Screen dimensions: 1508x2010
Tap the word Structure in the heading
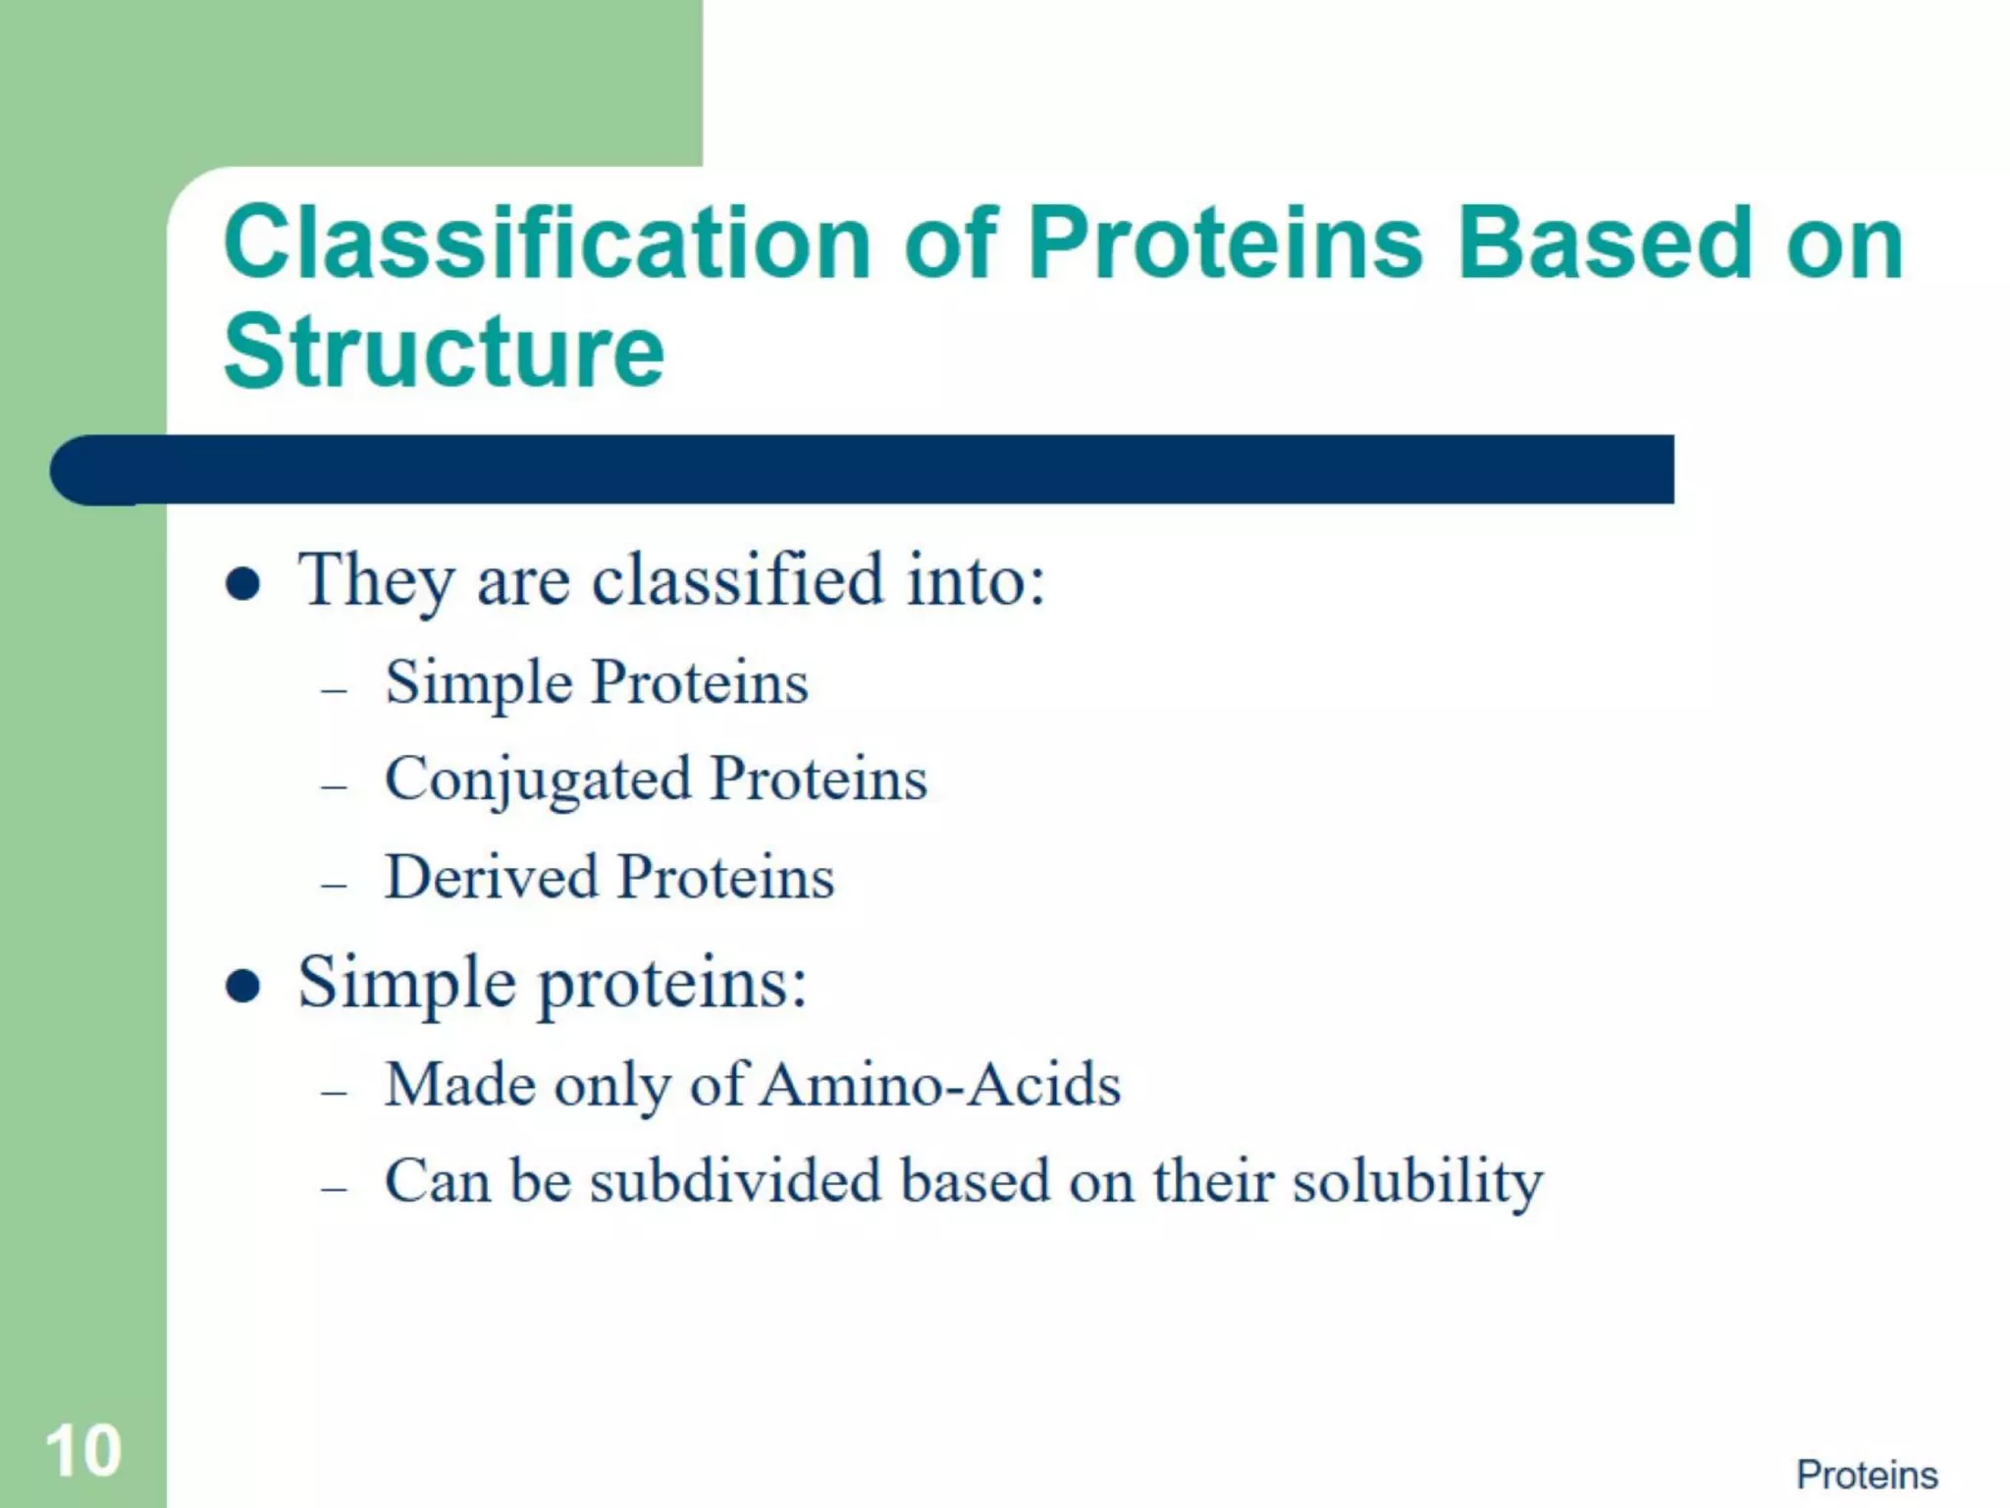click(444, 350)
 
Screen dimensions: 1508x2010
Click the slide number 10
click(83, 1450)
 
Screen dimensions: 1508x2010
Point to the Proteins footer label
click(1867, 1475)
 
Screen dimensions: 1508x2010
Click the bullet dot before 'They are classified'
click(242, 584)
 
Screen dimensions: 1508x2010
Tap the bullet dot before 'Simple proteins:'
click(242, 985)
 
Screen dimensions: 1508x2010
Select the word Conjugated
click(538, 781)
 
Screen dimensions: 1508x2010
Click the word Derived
click(491, 877)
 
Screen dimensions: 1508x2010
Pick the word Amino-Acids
click(940, 1085)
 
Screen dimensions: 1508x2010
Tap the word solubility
click(1417, 1181)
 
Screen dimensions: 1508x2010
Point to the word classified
click(738, 579)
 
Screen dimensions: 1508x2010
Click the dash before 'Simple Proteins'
click(335, 690)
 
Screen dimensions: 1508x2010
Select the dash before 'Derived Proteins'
click(335, 885)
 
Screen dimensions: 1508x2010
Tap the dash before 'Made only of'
click(335, 1092)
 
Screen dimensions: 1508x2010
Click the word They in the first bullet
click(376, 581)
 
